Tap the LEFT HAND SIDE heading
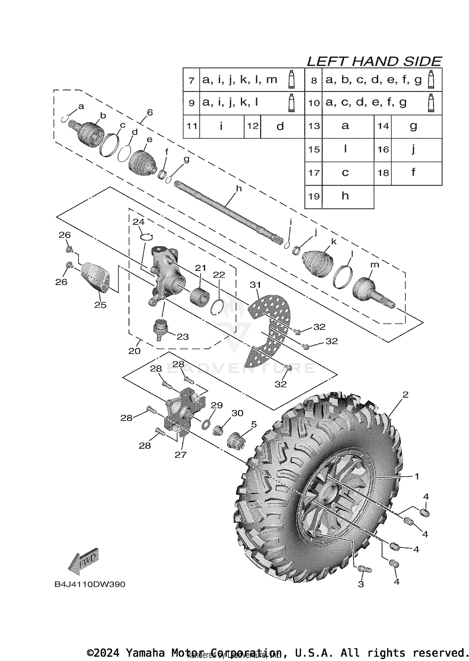click(374, 61)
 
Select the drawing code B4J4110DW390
click(90, 584)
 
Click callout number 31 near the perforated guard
click(255, 285)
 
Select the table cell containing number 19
click(314, 197)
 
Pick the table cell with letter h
click(345, 197)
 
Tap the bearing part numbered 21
click(199, 295)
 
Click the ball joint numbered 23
click(160, 329)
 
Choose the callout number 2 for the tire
click(405, 395)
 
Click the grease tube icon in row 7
click(291, 80)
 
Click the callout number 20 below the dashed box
click(134, 351)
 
